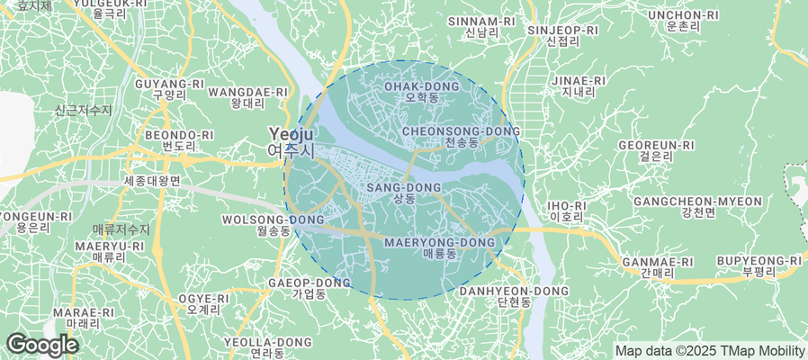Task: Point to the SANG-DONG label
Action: point(404,193)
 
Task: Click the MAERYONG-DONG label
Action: point(439,248)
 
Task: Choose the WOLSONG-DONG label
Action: point(273,225)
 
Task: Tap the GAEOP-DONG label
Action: point(309,288)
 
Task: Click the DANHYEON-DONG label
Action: point(514,297)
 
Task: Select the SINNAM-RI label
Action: point(481,26)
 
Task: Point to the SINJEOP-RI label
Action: point(562,35)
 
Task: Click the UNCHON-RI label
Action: point(683,21)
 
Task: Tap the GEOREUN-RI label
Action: point(657,150)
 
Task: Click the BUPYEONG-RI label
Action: point(759,265)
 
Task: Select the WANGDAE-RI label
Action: point(247,97)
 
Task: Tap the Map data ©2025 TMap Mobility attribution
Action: point(709,350)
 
